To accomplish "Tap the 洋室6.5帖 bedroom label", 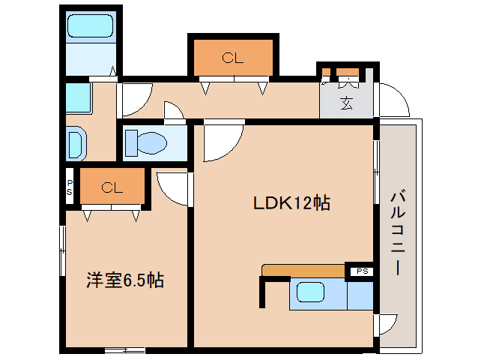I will point(124,280).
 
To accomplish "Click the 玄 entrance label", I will point(346,103).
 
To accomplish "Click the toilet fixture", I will point(146,142).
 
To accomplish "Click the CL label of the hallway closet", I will point(233,58).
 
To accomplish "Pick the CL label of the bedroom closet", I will point(112,187).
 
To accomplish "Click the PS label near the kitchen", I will point(361,271).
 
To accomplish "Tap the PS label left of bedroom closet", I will point(70,187).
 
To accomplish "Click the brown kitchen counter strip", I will point(303,270).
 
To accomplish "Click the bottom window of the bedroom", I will point(124,349).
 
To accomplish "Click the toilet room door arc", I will point(174,112).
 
